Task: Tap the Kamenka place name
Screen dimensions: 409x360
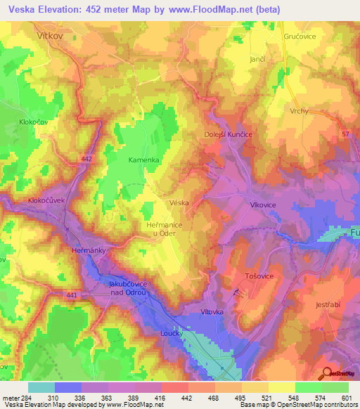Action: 143,160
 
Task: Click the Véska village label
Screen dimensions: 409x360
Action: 179,202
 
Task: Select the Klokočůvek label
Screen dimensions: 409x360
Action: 46,200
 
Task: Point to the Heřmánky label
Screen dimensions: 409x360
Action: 89,249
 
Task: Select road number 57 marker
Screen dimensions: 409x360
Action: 345,133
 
